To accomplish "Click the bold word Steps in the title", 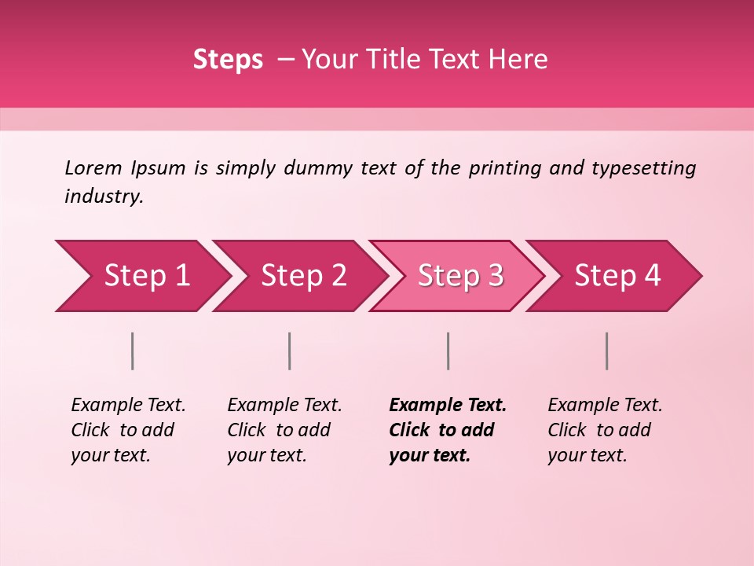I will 228,60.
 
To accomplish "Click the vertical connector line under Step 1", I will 133,351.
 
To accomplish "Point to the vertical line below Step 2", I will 290,351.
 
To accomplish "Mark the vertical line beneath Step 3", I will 448,351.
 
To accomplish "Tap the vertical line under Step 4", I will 607,351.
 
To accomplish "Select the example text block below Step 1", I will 128,430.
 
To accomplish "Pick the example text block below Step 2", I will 284,430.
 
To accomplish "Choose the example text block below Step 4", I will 605,430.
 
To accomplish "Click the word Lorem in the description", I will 93,167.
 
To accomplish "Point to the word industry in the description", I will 104,196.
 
